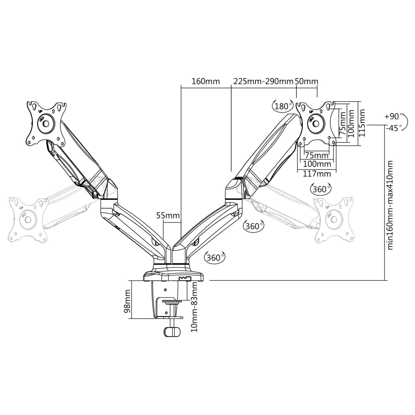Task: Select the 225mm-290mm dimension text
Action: (x=263, y=81)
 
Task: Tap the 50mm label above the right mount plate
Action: (x=306, y=81)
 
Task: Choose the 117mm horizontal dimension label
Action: (x=317, y=173)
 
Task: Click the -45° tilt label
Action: (x=394, y=128)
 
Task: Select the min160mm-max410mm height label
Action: (x=390, y=205)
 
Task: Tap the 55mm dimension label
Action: (x=168, y=215)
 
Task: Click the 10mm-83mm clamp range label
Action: (x=195, y=306)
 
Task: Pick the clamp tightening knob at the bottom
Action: (x=173, y=332)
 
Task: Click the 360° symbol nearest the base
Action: (x=215, y=257)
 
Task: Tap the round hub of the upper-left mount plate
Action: (x=45, y=123)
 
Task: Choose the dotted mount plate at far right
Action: (x=335, y=219)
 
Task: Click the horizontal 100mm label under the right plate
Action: (x=317, y=164)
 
